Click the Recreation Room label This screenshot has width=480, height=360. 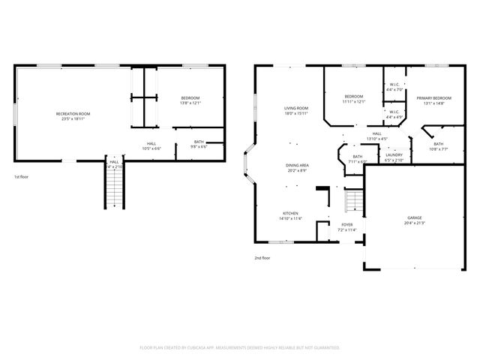tap(73, 113)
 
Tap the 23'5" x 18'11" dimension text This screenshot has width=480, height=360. tap(73, 118)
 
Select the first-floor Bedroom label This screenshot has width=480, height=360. tap(190, 97)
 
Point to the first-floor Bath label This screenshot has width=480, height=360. tap(199, 142)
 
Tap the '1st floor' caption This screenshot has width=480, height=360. tap(22, 177)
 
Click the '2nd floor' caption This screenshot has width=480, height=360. tap(262, 257)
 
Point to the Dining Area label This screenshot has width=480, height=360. tap(296, 165)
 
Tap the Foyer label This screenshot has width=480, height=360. tap(347, 224)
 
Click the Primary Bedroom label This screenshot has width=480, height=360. tap(433, 98)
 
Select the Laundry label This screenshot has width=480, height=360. tap(394, 154)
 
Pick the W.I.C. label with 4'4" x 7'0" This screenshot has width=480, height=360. tap(394, 85)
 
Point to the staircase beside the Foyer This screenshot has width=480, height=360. tap(352, 200)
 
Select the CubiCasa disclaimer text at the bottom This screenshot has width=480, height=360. tap(240, 347)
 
